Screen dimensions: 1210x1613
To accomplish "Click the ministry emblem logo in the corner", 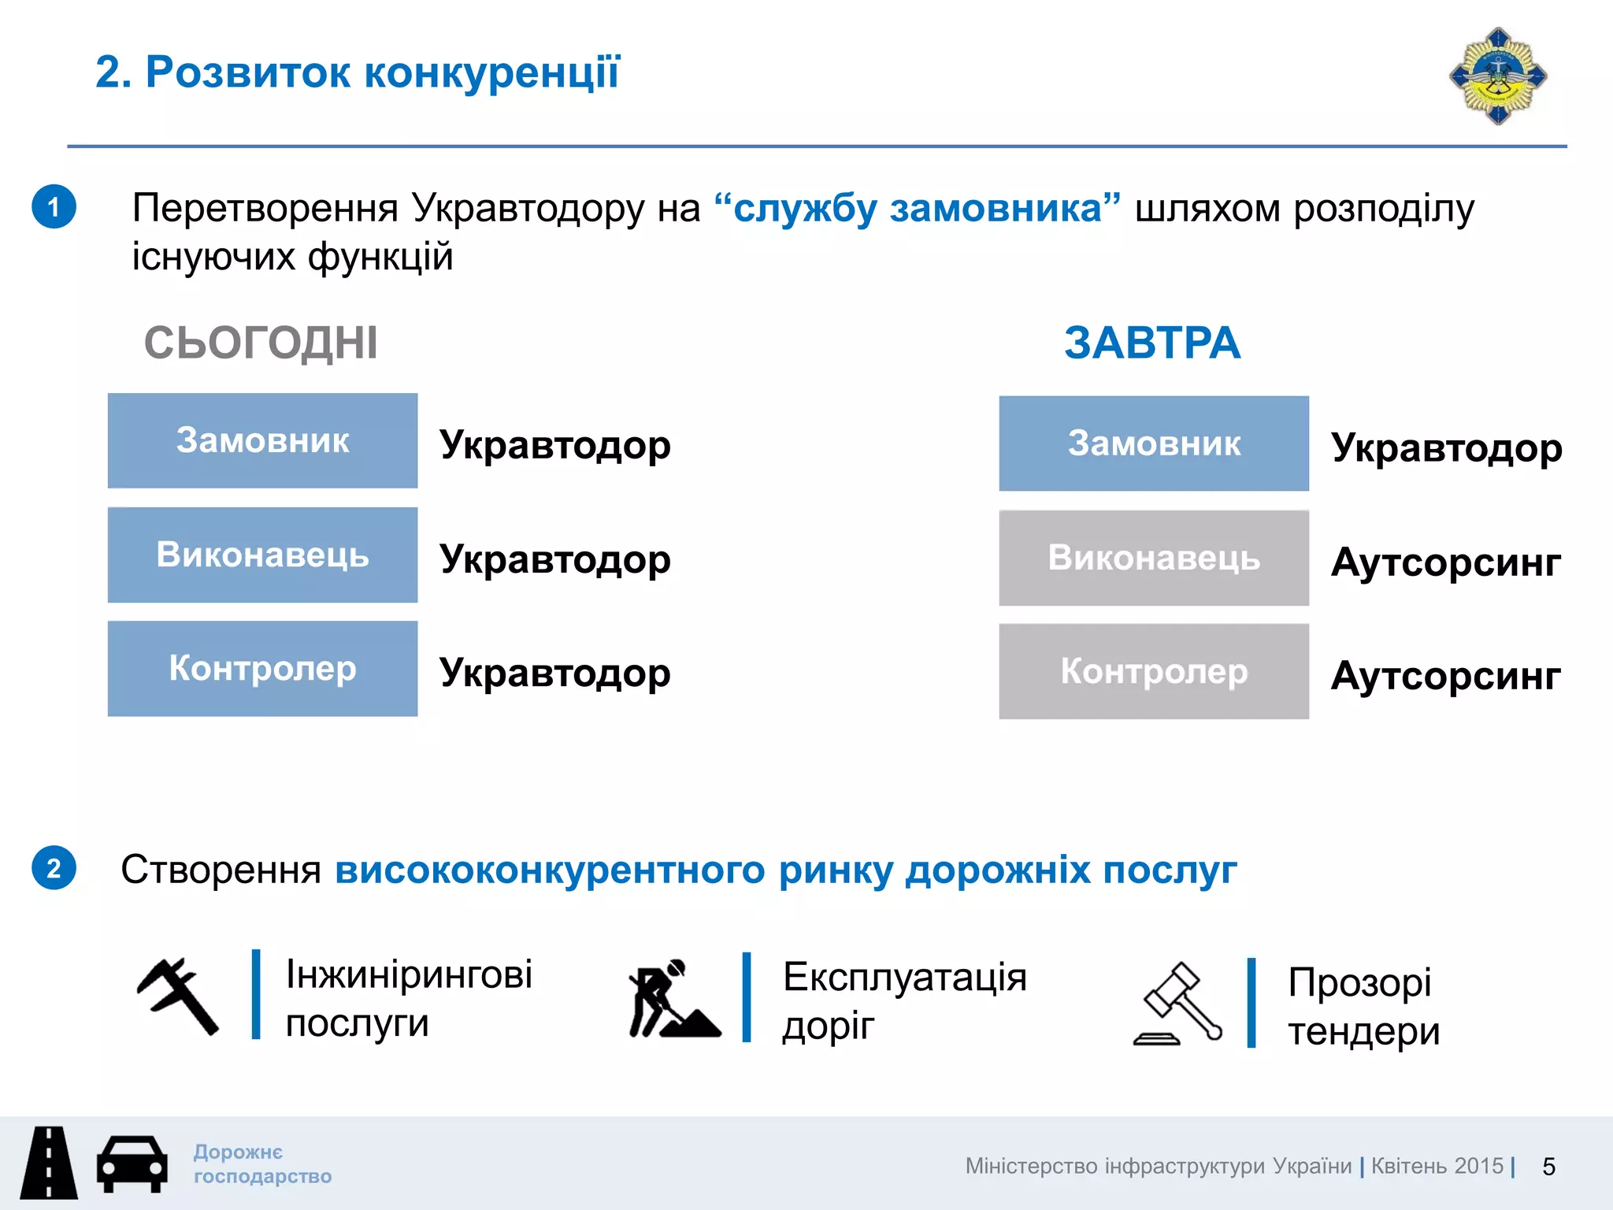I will pos(1497,76).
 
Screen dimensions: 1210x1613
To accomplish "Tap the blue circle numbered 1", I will pos(54,207).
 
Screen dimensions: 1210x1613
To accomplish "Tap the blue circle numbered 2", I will pos(54,868).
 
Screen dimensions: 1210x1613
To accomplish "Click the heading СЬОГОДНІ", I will pos(261,343).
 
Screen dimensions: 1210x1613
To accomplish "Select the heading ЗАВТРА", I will pos(1151,343).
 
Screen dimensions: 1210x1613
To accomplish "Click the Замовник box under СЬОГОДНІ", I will pos(262,441).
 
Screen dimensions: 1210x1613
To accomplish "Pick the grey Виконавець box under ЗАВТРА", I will pos(1154,558).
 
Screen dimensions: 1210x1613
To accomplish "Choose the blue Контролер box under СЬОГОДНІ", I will pos(262,669).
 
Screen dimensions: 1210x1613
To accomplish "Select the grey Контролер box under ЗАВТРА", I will pos(1154,671).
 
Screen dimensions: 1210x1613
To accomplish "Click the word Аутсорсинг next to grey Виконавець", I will pos(1446,562).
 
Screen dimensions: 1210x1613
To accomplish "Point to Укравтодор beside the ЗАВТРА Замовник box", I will pos(1446,448).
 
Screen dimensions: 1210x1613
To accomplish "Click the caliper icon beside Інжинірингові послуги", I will pos(178,996).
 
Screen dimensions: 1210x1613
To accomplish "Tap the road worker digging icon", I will pos(673,999).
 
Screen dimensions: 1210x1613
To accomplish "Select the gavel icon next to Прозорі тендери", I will pos(1178,1004).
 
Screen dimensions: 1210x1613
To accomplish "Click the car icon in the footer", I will pos(132,1164).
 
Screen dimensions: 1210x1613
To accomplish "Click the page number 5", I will pos(1548,1167).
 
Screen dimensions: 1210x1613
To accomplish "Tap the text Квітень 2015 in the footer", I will pos(1437,1166).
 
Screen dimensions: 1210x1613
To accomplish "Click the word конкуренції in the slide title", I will pos(492,72).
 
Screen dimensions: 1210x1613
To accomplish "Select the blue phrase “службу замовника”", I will pos(918,209).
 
